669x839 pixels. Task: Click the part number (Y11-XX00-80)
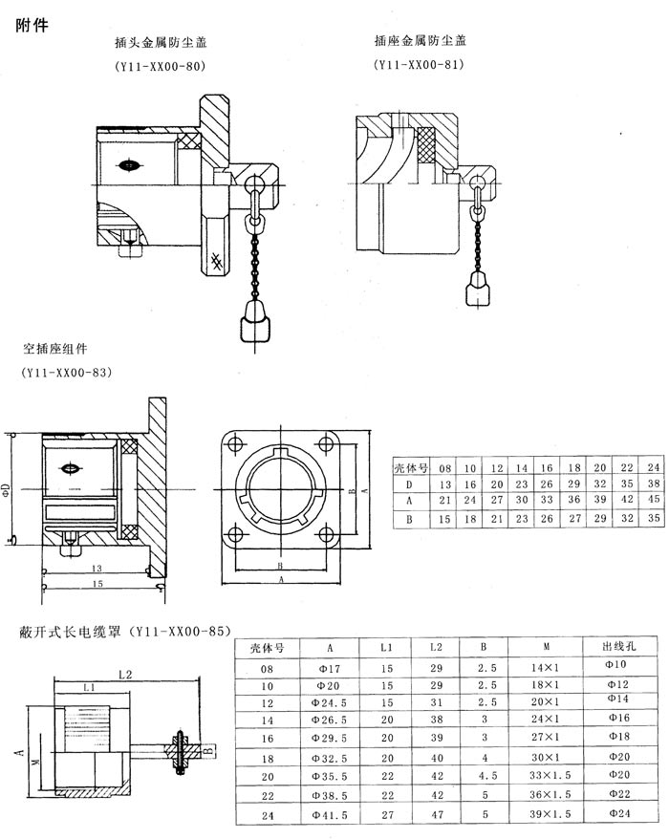pos(161,68)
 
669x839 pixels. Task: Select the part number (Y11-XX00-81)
pos(421,67)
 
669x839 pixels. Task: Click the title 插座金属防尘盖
pos(421,41)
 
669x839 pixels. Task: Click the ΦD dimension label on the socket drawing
pos(8,489)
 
